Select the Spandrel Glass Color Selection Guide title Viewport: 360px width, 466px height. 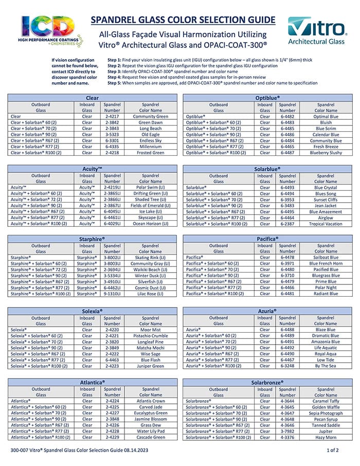click(183, 21)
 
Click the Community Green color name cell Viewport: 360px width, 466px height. click(151, 116)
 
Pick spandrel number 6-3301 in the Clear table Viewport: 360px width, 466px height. click(112, 140)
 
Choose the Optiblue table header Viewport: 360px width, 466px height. click(267, 97)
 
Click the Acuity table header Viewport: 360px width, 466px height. click(93, 169)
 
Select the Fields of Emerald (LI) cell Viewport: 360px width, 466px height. click(151, 205)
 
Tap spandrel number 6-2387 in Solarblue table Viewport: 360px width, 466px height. click(287, 224)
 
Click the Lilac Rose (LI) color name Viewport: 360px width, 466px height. click(151, 294)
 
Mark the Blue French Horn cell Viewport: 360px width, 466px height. click(326, 263)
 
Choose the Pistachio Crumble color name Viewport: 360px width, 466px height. click(151, 335)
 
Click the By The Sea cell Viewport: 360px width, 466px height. click(326, 366)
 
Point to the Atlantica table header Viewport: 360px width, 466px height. click(93, 382)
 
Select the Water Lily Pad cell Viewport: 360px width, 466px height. click(151, 431)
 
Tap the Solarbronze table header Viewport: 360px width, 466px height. click(267, 382)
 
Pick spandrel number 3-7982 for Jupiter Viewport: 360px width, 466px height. click(287, 431)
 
